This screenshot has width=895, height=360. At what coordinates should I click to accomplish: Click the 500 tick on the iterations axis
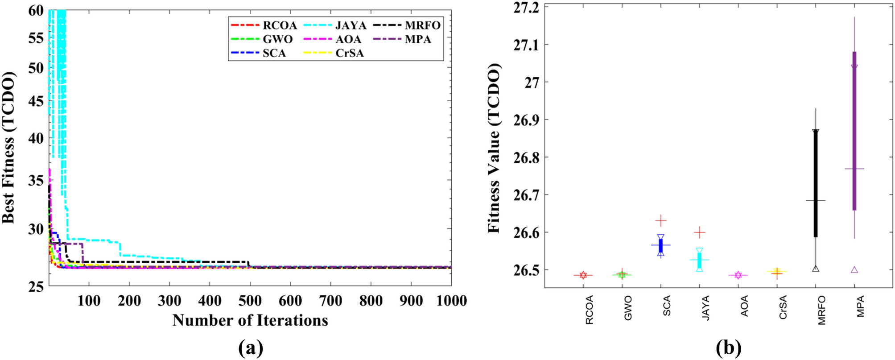pyautogui.click(x=250, y=301)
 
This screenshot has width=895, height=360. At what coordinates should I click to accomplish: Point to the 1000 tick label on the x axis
pyautogui.click(x=451, y=301)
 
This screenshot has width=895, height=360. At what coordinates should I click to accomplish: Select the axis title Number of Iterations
pyautogui.click(x=250, y=320)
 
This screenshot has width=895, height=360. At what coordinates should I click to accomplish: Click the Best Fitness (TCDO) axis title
pyautogui.click(x=9, y=147)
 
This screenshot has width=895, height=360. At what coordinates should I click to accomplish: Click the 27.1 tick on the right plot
pyautogui.click(x=526, y=45)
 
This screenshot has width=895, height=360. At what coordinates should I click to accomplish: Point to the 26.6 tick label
pyautogui.click(x=526, y=232)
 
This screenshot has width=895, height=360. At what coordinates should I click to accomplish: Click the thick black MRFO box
pyautogui.click(x=816, y=183)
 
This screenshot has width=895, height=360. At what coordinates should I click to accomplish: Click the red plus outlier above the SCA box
pyautogui.click(x=661, y=220)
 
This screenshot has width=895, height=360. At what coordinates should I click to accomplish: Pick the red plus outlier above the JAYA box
pyautogui.click(x=700, y=232)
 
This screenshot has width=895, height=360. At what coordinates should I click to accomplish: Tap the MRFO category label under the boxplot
pyautogui.click(x=822, y=310)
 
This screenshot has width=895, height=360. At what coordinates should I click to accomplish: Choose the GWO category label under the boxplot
pyautogui.click(x=628, y=308)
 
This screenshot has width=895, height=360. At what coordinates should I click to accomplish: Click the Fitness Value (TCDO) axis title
pyautogui.click(x=494, y=147)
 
